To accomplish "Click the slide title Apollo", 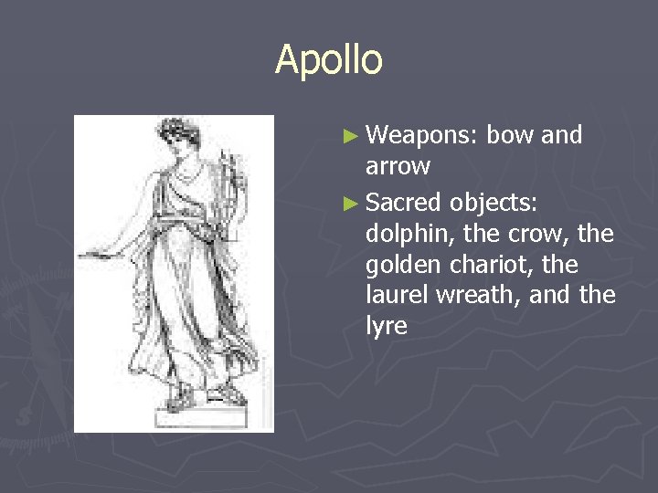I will pos(329,60).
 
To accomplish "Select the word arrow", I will pos(398,166).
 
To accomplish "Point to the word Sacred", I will pos(402,202).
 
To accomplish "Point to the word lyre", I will pos(386,327).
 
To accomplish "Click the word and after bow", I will pos(561,136).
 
